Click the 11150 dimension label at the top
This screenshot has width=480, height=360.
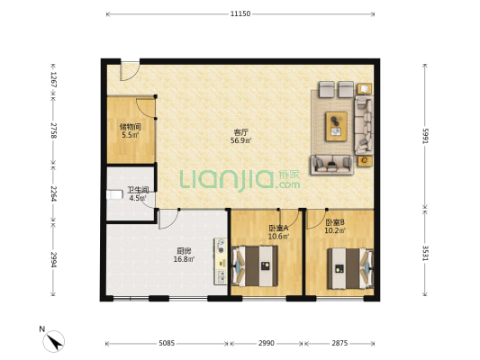[x=240, y=13]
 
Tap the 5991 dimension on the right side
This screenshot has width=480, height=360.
[x=425, y=136]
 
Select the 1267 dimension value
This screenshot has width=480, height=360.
[x=53, y=79]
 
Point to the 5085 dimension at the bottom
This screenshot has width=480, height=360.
[x=167, y=343]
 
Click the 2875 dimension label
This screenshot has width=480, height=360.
[x=340, y=343]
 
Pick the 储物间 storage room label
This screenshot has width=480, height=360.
[x=131, y=126]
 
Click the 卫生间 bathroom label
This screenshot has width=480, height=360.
[x=138, y=190]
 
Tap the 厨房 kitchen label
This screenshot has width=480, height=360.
[x=184, y=251]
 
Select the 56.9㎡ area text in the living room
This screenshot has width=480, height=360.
[x=241, y=140]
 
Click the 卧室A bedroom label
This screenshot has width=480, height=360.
[x=278, y=229]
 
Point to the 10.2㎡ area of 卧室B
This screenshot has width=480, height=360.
[x=335, y=230]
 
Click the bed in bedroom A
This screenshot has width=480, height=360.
[x=255, y=266]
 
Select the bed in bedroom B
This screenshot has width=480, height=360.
[x=350, y=268]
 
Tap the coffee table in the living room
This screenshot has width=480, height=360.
[x=337, y=126]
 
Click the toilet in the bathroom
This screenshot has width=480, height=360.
[x=113, y=194]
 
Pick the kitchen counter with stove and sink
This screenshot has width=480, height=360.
[x=221, y=262]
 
